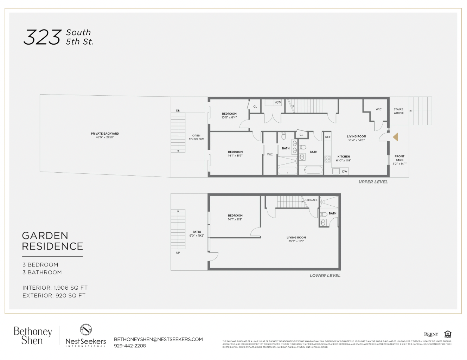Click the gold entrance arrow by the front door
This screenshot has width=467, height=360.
tap(396, 137)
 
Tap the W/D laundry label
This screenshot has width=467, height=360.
tap(278, 103)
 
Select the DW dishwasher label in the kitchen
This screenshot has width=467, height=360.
tap(345, 172)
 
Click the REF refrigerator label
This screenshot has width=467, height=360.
tap(328, 137)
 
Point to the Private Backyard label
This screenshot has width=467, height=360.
tap(105, 134)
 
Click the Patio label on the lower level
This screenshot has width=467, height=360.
tap(197, 232)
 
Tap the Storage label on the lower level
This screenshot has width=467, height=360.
tap(311, 200)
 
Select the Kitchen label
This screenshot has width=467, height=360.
tap(344, 156)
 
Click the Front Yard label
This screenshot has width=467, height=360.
tap(399, 158)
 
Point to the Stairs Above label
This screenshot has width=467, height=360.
tap(399, 111)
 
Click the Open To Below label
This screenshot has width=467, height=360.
tap(196, 137)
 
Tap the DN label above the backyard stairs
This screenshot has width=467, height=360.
tap(178, 111)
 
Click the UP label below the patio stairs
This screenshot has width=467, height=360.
tap(178, 253)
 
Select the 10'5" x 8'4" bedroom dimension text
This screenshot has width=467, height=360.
tap(229, 117)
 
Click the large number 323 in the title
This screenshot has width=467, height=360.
tap(42, 37)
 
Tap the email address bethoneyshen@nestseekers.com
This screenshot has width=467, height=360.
tap(158, 339)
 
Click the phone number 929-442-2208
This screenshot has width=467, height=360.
tap(130, 346)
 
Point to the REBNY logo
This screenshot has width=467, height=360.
tap(431, 334)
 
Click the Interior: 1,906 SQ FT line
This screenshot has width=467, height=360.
tap(55, 288)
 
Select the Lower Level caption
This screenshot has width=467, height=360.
tap(325, 276)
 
